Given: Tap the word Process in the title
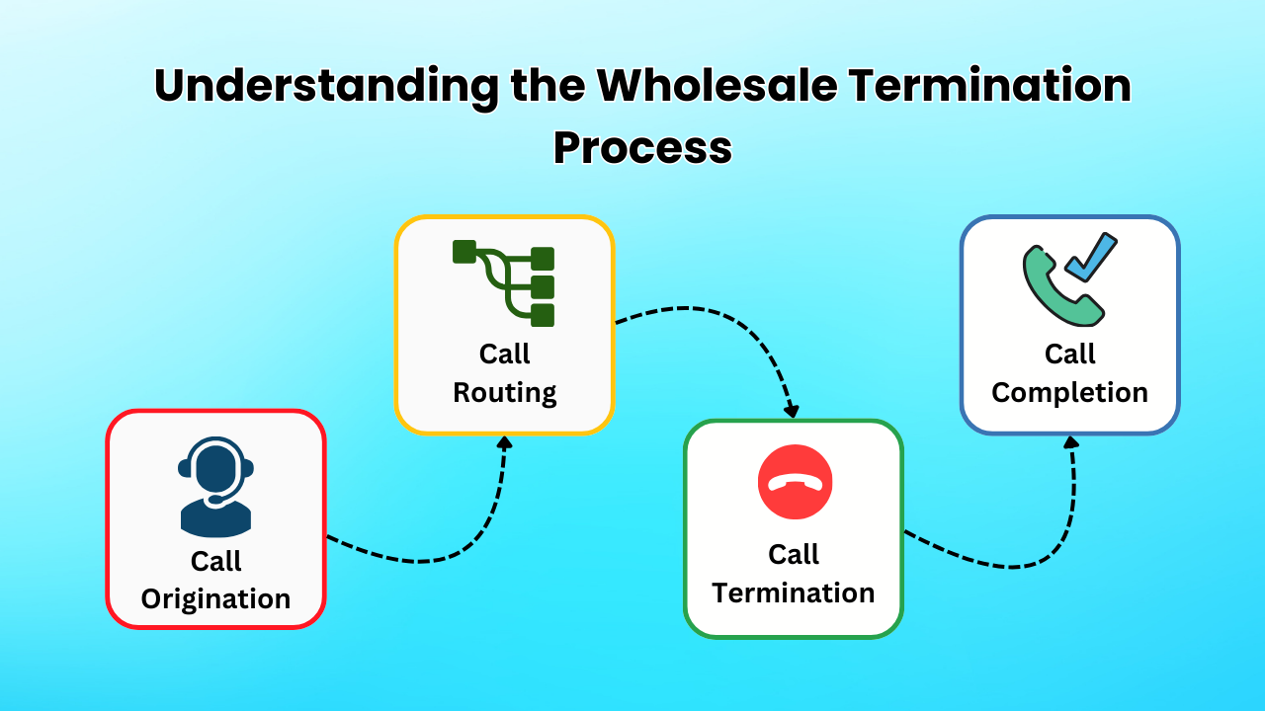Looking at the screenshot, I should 642,148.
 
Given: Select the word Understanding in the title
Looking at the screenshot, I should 326,87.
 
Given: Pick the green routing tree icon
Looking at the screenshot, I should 504,282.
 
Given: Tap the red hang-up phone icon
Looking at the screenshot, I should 795,482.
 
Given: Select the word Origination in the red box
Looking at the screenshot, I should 215,599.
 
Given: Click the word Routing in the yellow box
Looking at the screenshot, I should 504,393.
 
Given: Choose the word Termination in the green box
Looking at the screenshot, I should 794,593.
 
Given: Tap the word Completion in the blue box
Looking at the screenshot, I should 1069,393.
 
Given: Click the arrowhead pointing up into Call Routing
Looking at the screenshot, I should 504,442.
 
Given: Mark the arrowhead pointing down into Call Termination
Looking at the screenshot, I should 791,410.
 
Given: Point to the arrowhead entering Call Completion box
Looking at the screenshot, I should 1070,442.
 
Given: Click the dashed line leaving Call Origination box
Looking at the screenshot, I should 415,561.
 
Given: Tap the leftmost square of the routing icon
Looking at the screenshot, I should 464,252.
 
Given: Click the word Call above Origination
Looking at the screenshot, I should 215,561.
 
